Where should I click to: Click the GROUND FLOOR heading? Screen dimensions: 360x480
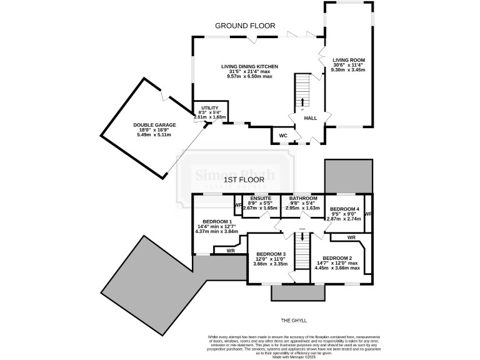point(245,26)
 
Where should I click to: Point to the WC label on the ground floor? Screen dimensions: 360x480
point(282,135)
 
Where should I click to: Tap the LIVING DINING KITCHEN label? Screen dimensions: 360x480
point(249,66)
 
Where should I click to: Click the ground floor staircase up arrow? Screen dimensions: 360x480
point(303,101)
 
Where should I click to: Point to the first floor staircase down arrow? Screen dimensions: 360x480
point(302,238)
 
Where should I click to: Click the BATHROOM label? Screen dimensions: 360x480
point(303,198)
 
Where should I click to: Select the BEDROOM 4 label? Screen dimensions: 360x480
point(344,209)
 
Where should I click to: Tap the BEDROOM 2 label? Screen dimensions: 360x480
point(337,258)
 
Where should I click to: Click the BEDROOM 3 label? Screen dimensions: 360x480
point(270,254)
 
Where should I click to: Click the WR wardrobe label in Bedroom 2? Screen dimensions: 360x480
point(351,238)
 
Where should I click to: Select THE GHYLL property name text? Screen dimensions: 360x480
point(293,320)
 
